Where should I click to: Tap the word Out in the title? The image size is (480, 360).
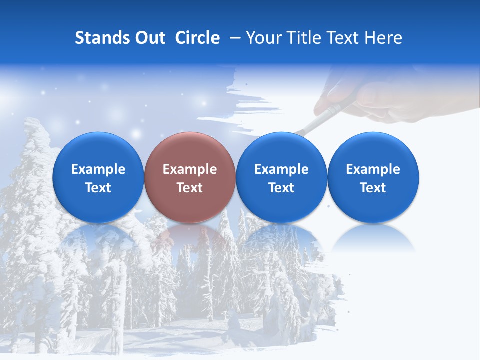click(148, 38)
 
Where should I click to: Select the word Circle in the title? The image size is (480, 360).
click(197, 38)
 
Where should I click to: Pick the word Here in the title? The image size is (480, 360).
click(383, 38)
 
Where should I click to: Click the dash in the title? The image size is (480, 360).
click(233, 38)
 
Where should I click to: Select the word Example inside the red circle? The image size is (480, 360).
click(190, 169)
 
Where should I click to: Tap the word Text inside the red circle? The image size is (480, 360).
click(190, 188)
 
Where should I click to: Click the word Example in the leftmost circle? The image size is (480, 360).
click(98, 169)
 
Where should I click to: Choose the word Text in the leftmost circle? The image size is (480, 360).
click(98, 188)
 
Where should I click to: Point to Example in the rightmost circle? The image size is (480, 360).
click(373, 169)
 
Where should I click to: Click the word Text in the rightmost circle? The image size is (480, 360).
click(373, 188)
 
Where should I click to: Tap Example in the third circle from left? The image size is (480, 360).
click(281, 169)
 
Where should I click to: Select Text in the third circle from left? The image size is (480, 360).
click(281, 188)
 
